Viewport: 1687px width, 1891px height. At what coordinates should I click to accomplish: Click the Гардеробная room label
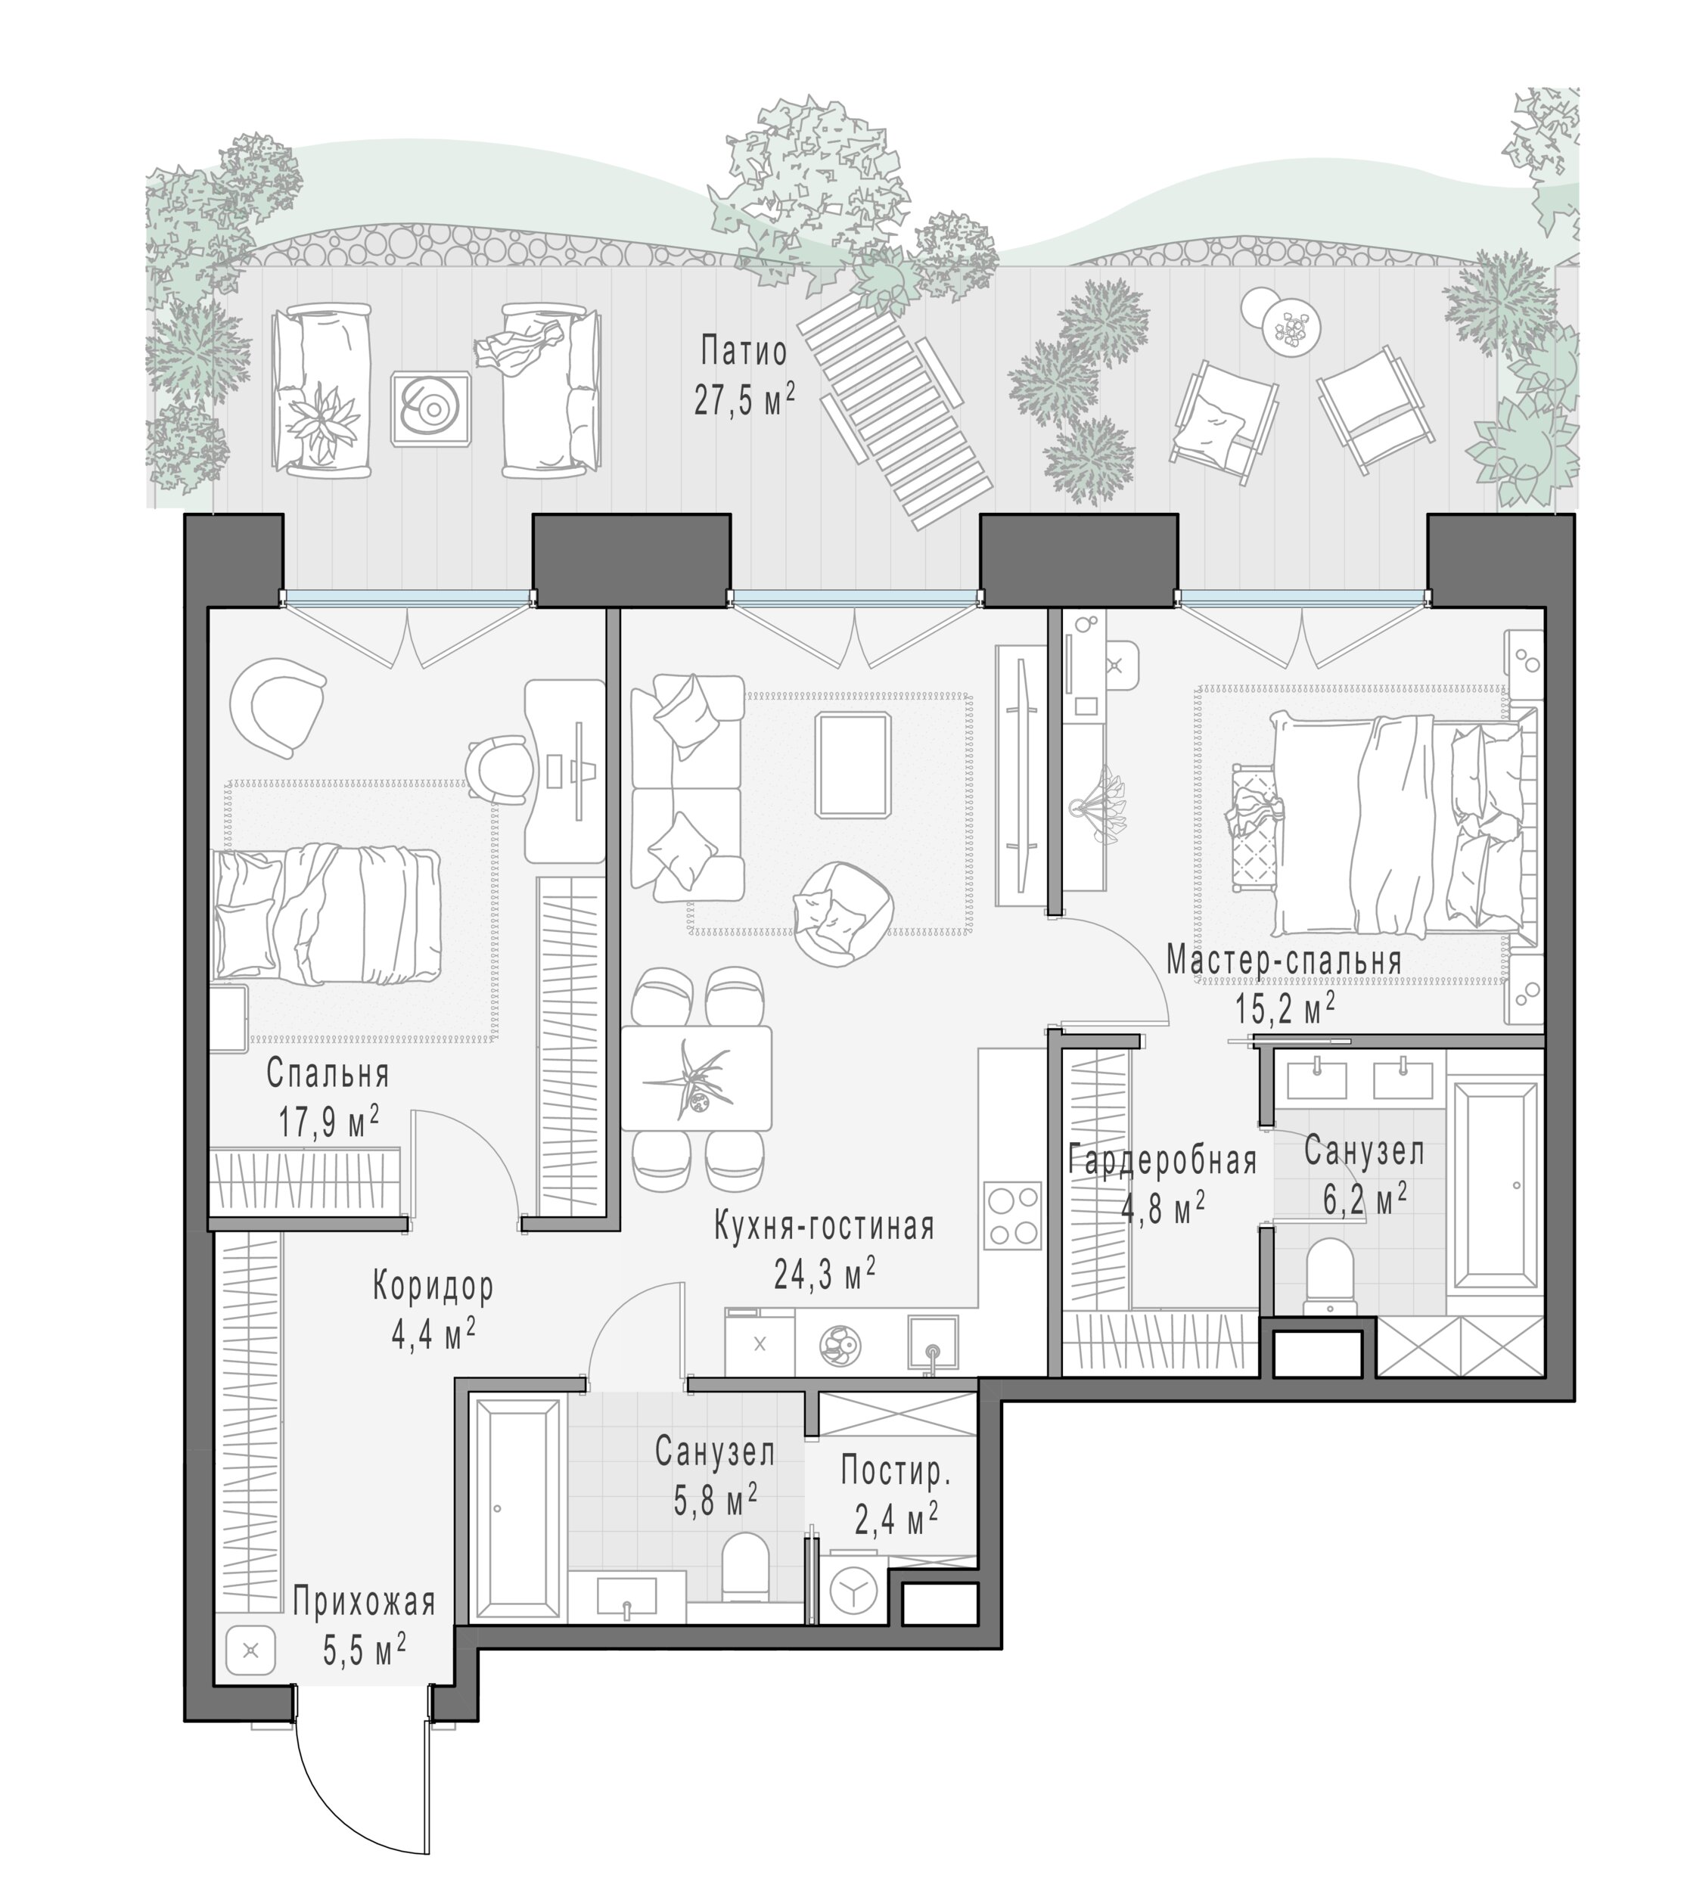click(1162, 1160)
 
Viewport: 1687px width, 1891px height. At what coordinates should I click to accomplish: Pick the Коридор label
click(433, 1287)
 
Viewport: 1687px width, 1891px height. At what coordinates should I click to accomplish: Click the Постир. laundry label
click(896, 1471)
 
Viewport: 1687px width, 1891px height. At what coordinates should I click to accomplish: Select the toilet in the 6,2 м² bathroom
click(1329, 1279)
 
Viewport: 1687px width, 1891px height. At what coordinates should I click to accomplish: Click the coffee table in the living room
click(853, 765)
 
